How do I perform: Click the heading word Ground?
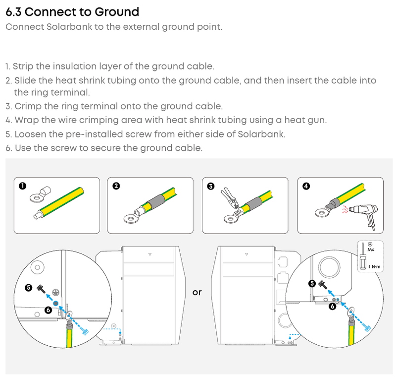(117, 12)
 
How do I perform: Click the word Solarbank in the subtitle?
(69, 27)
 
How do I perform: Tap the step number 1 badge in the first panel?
(22, 186)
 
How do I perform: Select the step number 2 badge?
(116, 186)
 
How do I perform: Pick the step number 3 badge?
(211, 186)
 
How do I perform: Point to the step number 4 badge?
(306, 186)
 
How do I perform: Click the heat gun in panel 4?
(364, 215)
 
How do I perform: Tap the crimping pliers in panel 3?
(230, 198)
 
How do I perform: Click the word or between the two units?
(197, 293)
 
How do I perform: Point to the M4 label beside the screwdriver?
(371, 250)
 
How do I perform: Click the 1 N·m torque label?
(374, 267)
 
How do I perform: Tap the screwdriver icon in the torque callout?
(363, 256)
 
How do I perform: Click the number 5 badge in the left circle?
(29, 288)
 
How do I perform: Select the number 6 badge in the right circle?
(332, 307)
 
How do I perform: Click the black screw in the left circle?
(41, 289)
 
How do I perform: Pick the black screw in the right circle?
(323, 285)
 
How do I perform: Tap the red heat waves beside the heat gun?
(345, 209)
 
